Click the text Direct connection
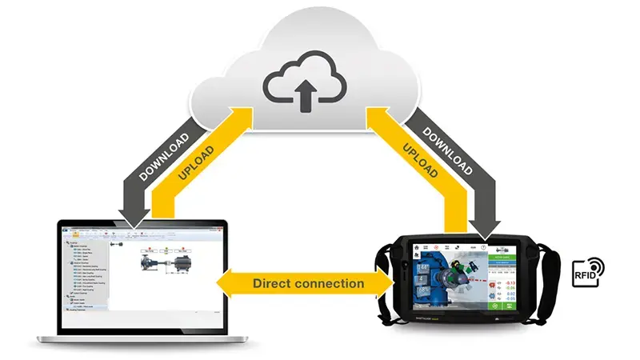[308, 283]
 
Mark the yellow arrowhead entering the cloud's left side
[240, 117]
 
